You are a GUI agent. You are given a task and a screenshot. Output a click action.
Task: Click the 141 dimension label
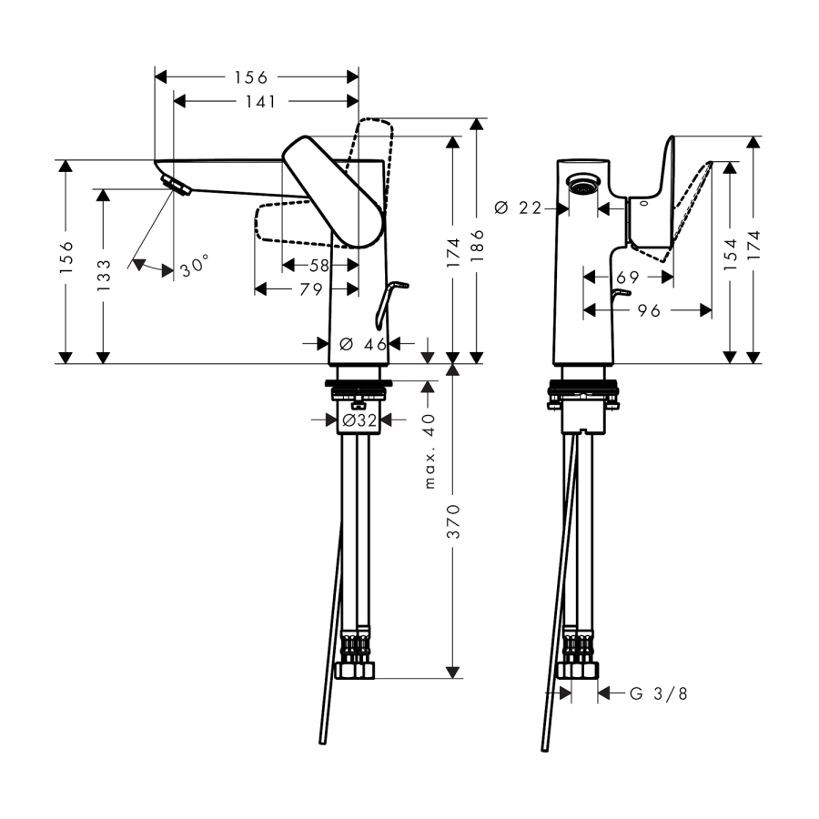point(260,101)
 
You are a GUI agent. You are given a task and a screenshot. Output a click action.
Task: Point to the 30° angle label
point(194,268)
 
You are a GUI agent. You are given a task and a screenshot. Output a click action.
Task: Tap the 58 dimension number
point(319,265)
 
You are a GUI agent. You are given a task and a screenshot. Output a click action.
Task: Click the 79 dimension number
point(312,289)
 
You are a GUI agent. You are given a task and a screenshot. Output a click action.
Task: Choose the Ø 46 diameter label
point(362,343)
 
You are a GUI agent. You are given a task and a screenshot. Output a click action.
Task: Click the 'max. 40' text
point(430,450)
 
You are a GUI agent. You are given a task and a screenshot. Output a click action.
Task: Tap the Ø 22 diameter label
point(517,208)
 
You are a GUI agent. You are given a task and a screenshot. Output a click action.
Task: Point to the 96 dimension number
point(648,310)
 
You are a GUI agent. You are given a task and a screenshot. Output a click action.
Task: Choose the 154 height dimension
point(730,258)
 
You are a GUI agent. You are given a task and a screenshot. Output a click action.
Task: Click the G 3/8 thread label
point(659,693)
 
